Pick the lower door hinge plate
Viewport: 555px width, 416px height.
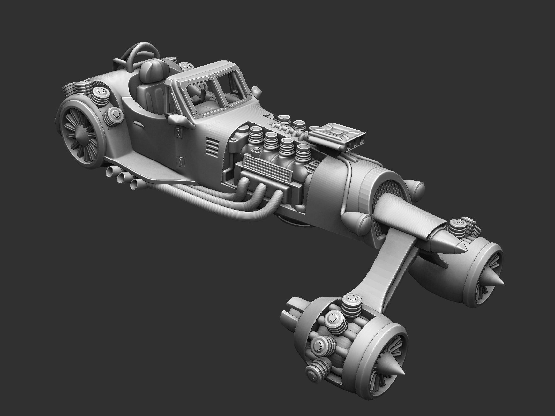coord(181,161)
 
